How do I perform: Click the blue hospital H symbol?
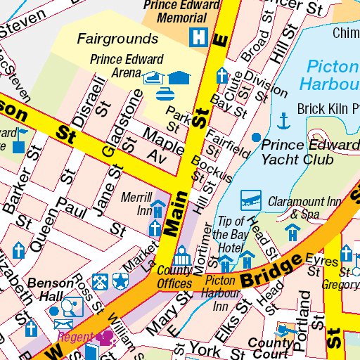(200, 35)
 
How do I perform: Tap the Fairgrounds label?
(117, 38)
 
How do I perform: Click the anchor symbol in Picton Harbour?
(283, 121)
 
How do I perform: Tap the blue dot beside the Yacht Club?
(256, 136)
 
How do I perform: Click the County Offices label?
(175, 276)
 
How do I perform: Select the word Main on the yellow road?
(174, 216)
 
